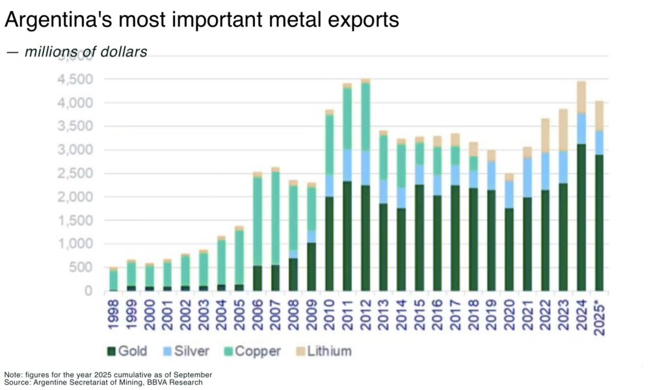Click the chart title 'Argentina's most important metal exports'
click(x=202, y=21)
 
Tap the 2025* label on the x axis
click(x=599, y=317)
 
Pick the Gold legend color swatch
click(x=111, y=352)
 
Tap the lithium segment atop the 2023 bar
click(x=563, y=130)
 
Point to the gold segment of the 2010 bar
click(x=329, y=244)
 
